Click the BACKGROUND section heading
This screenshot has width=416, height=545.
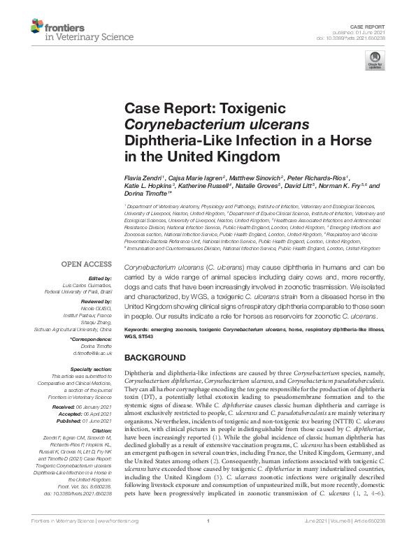tap(155, 357)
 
